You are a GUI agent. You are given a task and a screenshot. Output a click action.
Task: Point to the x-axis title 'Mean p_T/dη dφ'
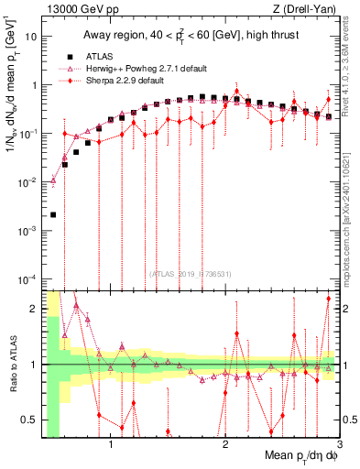(x=295, y=455)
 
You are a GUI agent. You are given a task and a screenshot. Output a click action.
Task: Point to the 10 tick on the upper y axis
(x=32, y=38)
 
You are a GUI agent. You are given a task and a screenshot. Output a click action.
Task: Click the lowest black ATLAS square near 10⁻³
(x=53, y=215)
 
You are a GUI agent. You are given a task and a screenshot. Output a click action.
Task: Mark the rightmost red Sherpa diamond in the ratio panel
(x=328, y=299)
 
